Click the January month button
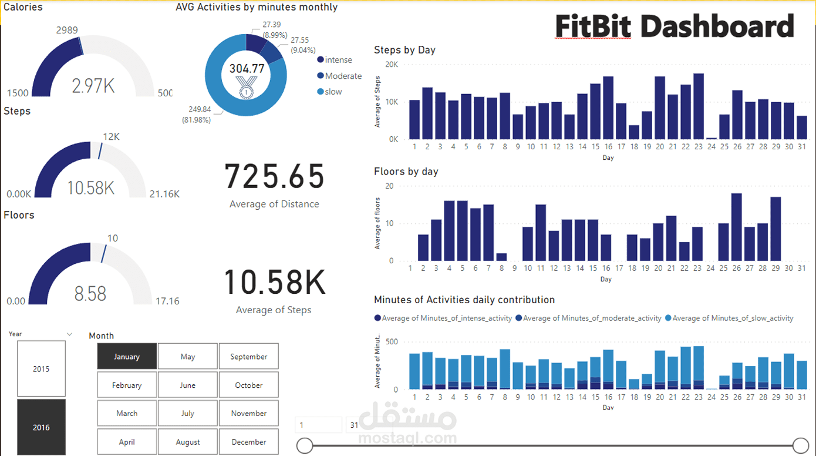[127, 357]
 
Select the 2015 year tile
[41, 369]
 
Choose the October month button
[248, 385]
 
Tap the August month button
[188, 442]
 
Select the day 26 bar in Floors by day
[736, 227]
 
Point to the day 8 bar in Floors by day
[501, 257]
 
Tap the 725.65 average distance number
[274, 176]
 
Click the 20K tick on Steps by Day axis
[391, 64]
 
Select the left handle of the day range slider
[305, 445]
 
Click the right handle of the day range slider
[800, 445]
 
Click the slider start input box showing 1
[318, 425]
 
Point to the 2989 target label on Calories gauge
[67, 30]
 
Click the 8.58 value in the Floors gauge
[90, 293]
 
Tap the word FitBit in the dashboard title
[593, 27]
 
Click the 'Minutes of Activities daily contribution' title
[464, 300]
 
